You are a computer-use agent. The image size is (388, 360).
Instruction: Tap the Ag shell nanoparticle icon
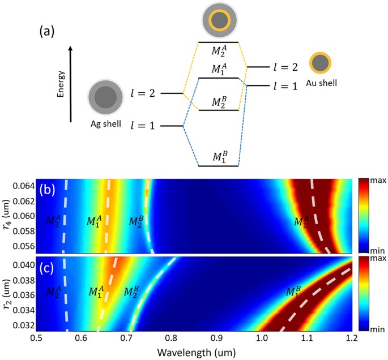pyautogui.click(x=104, y=97)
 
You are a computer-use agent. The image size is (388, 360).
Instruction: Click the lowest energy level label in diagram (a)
pyautogui.click(x=218, y=157)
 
